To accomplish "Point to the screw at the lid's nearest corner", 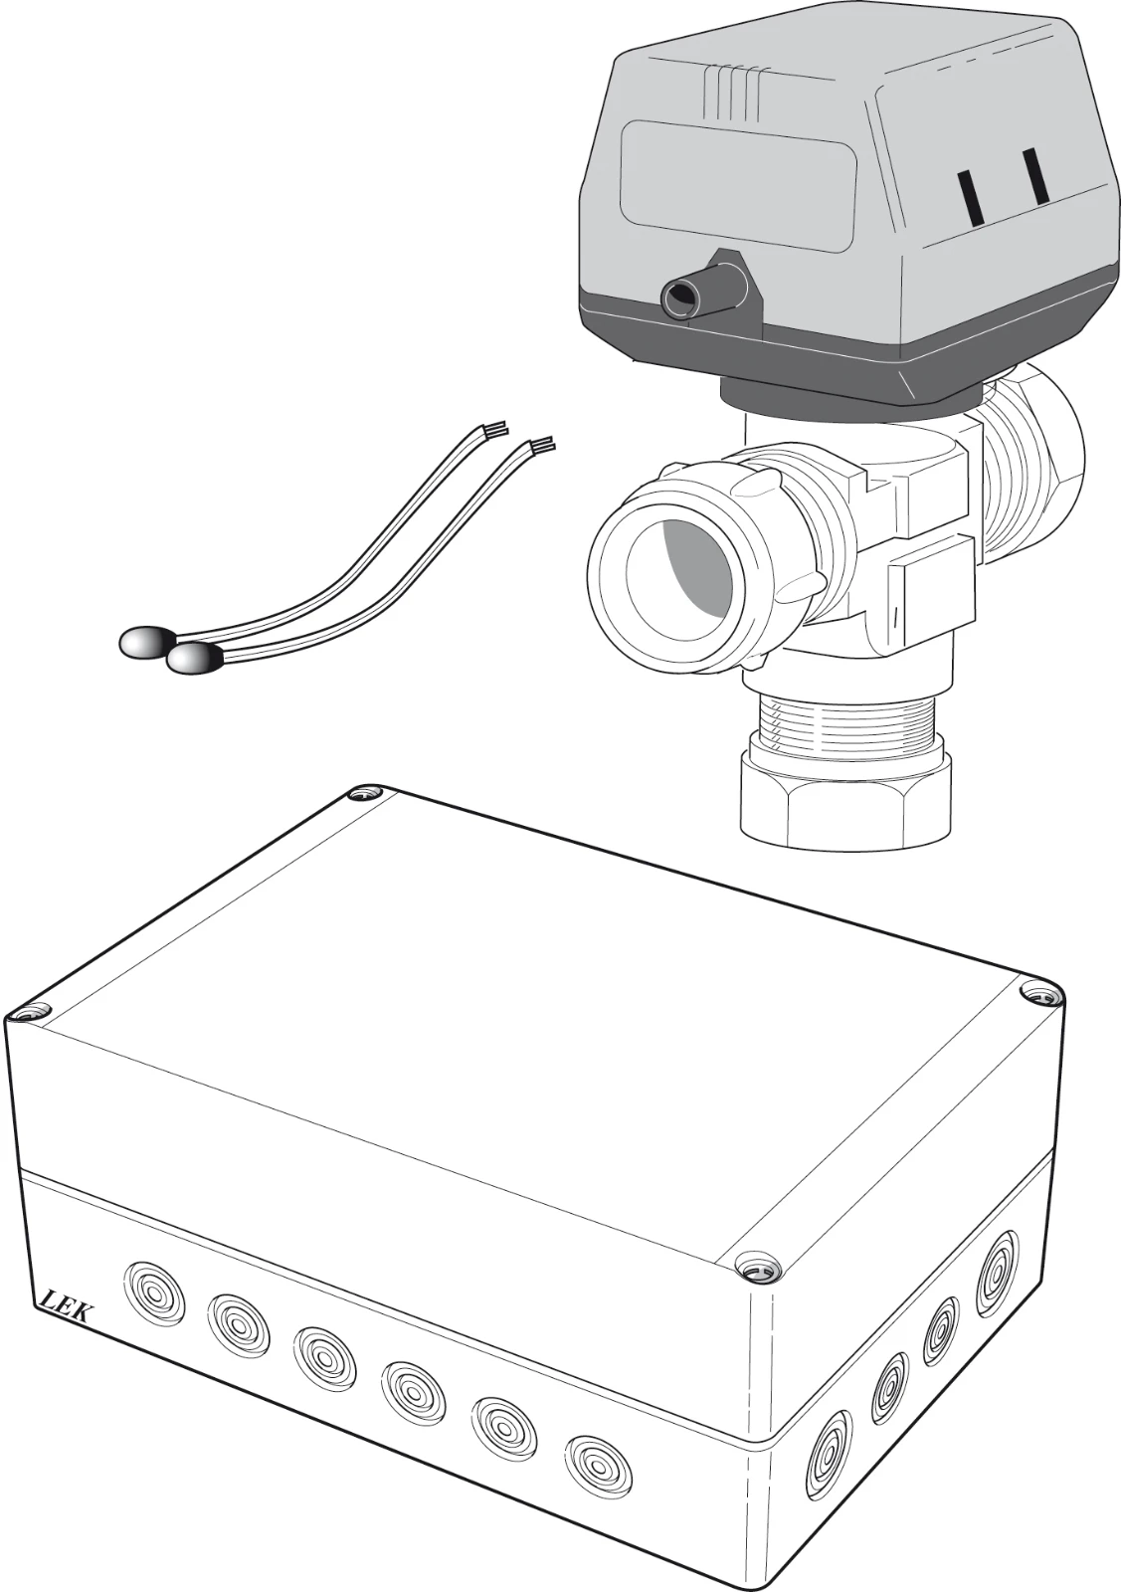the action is [757, 1268].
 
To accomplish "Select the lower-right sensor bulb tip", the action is [194, 659].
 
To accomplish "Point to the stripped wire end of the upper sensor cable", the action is [496, 429].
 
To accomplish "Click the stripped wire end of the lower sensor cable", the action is [543, 446].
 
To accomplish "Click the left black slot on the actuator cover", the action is [968, 197].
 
